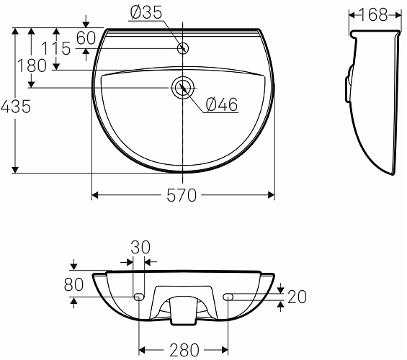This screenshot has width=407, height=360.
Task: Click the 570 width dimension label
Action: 182,195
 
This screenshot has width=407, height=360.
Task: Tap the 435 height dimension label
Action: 16,107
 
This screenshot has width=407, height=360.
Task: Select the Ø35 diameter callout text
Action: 146,13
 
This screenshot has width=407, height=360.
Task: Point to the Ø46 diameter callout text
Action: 222,104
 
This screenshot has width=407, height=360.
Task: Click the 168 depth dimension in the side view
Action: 374,14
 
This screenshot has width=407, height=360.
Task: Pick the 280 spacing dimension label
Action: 184,350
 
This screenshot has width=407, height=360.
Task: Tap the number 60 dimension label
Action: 86,38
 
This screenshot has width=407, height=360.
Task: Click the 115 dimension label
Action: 56,48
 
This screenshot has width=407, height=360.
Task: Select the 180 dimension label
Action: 32,66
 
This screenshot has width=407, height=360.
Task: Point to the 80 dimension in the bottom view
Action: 73,284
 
